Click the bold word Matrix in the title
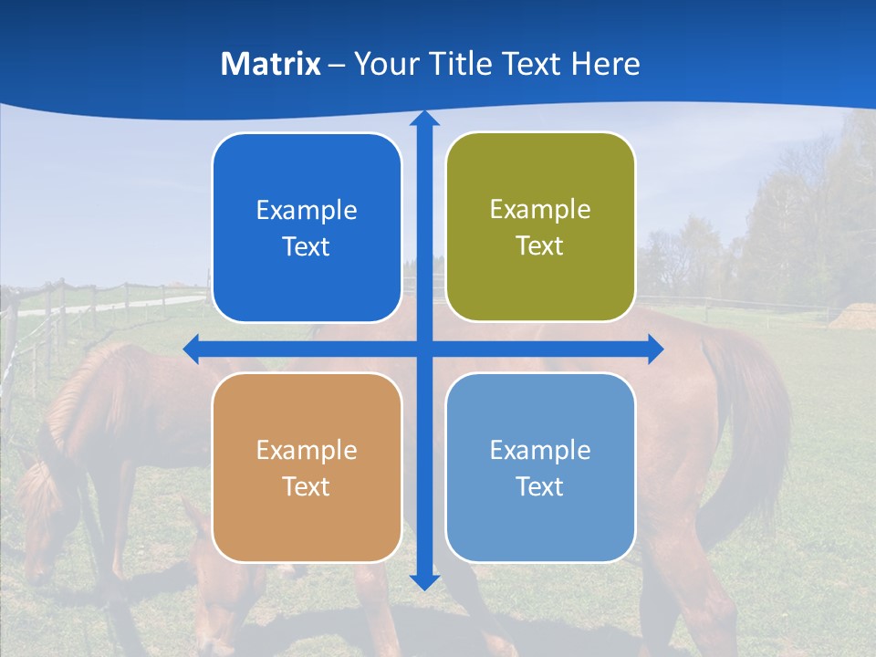271,64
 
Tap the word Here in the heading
606,64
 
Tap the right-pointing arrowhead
654,349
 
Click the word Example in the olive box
540,210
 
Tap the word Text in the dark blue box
306,247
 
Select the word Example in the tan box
306,450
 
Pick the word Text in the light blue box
540,487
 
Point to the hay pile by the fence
853,316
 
